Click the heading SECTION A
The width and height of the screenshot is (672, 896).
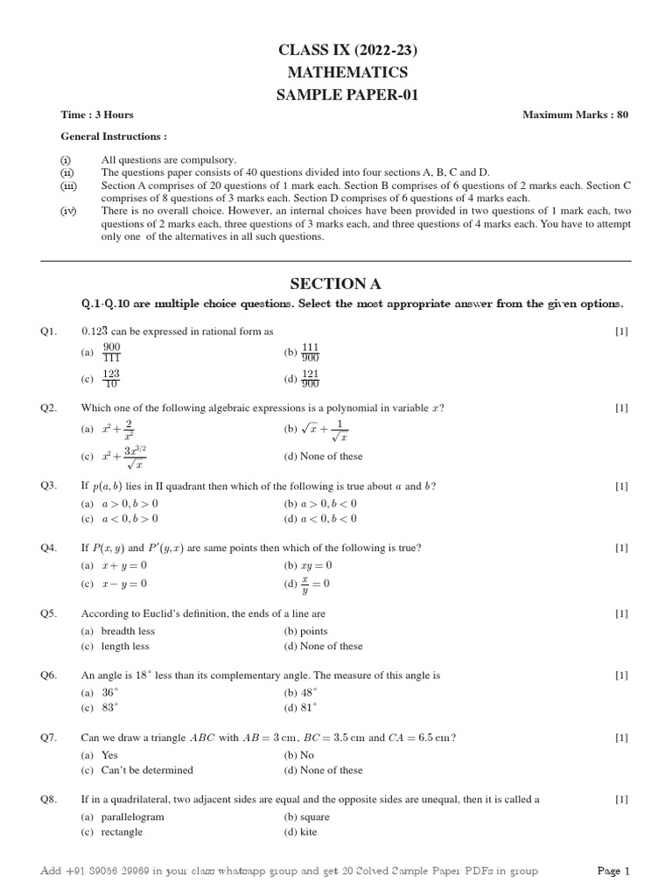point(335,283)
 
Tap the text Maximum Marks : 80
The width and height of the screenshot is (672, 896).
point(575,115)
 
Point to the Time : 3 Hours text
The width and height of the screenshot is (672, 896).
point(97,115)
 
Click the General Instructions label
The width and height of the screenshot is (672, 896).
point(114,136)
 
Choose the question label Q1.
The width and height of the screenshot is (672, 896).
point(48,331)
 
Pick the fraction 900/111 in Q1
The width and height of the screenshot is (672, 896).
point(111,353)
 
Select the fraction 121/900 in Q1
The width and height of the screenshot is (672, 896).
point(310,379)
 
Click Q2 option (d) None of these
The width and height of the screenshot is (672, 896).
point(323,456)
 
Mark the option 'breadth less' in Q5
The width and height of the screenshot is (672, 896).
point(128,631)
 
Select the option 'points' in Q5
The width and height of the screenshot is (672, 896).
point(313,631)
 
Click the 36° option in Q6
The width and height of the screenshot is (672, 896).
point(109,692)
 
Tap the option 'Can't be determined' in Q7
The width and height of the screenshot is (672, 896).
point(147,770)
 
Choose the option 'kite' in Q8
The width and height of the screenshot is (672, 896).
point(308,832)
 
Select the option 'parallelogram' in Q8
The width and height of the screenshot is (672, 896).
point(132,816)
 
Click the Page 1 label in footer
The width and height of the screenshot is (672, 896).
point(613,871)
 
